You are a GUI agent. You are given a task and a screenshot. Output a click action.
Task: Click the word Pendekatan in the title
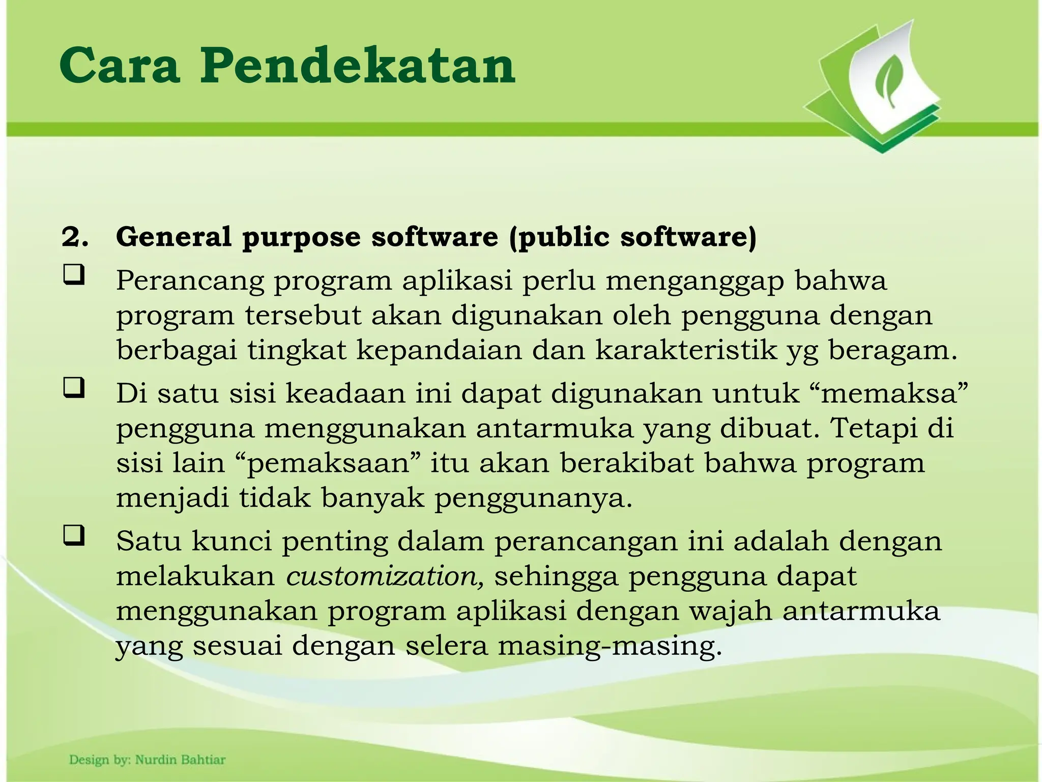358,66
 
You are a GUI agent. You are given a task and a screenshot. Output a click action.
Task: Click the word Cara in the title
120,66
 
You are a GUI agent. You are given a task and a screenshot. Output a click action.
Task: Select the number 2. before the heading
75,237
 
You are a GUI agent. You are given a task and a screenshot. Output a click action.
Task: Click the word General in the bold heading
173,237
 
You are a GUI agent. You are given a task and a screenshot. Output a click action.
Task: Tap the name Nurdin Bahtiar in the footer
180,760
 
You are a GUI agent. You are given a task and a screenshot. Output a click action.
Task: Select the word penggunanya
533,498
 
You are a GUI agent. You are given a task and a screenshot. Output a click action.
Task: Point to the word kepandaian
439,350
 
